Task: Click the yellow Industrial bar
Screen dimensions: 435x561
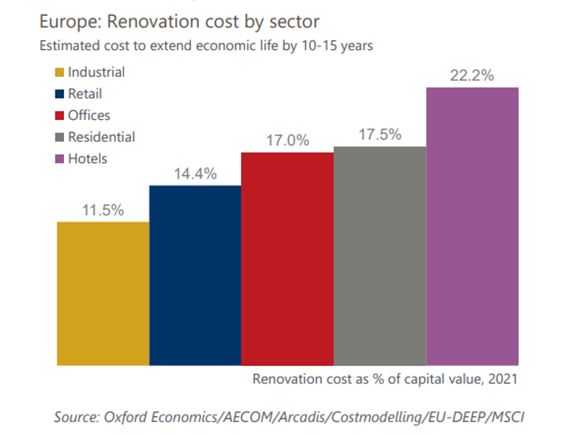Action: pos(103,293)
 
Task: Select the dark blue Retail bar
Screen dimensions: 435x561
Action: pos(195,275)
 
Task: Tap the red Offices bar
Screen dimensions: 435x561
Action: pos(287,258)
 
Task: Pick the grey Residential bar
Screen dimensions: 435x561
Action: pos(380,255)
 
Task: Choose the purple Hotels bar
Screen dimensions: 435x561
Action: pos(472,226)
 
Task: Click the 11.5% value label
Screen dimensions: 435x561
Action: pos(103,210)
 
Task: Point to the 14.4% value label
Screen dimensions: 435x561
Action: pos(195,175)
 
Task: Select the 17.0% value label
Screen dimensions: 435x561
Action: pos(287,141)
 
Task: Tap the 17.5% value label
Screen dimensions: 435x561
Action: pos(380,135)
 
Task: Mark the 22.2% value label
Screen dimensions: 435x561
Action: pos(472,76)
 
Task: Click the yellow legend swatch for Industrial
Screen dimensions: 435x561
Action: pos(59,73)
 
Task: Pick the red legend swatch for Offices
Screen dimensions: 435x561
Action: pos(59,116)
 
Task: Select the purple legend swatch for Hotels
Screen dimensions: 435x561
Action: pos(59,159)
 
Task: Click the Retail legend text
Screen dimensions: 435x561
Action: pos(85,94)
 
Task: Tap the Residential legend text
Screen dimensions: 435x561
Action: pos(102,137)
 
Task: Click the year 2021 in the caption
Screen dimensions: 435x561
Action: pos(502,379)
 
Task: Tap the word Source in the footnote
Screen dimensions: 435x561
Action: pos(78,418)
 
